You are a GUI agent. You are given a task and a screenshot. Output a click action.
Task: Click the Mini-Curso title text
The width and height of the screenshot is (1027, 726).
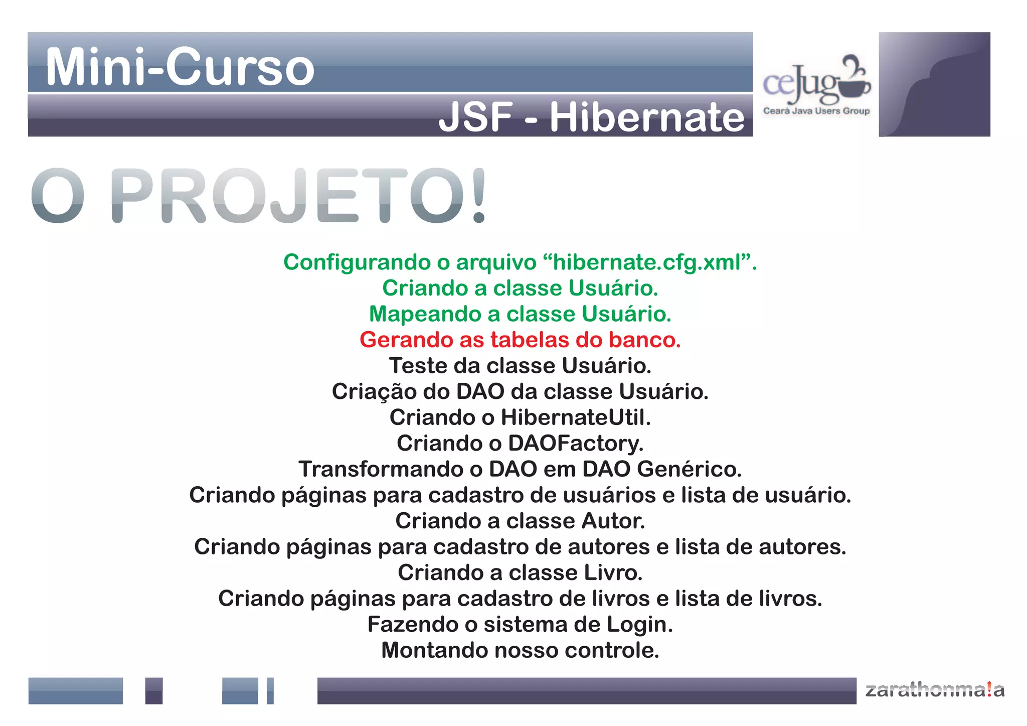[180, 67]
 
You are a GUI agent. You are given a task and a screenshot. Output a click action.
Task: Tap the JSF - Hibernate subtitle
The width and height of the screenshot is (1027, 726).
[591, 117]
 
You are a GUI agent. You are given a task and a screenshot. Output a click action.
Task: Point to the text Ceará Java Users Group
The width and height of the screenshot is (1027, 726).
[816, 111]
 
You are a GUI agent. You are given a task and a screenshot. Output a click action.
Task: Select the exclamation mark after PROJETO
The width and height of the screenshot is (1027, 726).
[479, 196]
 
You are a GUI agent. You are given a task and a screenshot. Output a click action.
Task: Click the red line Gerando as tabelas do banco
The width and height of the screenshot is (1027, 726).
[520, 340]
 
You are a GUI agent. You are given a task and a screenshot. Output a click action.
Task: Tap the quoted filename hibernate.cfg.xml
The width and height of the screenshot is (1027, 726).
[646, 262]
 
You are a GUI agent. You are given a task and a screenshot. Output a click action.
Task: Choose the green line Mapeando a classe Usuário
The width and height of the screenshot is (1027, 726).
[520, 314]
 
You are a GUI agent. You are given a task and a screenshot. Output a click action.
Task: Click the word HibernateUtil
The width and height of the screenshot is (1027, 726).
[575, 417]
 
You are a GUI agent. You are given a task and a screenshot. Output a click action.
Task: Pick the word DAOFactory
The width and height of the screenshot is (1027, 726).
[575, 444]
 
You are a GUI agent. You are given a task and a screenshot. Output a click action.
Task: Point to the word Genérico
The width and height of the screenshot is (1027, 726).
[689, 469]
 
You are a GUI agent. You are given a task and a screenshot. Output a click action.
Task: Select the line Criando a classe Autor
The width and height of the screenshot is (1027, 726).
[520, 521]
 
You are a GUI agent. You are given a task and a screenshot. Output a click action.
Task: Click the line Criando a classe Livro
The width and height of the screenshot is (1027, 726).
[520, 572]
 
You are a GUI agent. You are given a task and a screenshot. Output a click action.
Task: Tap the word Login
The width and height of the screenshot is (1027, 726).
[639, 624]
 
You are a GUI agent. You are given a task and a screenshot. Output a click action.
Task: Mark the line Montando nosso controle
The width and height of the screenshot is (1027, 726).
[520, 650]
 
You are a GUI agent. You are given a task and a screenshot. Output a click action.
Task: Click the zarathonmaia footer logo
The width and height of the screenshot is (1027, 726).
[935, 690]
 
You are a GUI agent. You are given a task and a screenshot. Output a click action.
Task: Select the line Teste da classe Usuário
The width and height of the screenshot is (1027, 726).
[520, 366]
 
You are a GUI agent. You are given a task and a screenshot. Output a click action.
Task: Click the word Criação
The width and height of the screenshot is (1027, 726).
[374, 391]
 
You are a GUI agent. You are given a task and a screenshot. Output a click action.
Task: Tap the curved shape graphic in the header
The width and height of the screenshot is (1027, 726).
[934, 84]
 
